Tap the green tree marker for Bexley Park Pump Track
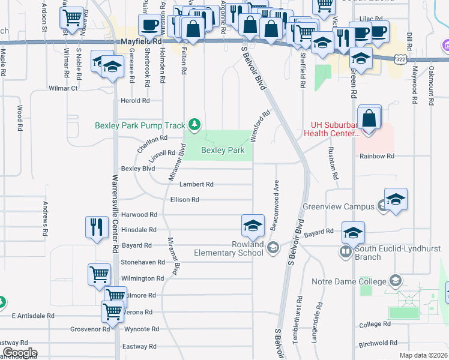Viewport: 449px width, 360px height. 194,125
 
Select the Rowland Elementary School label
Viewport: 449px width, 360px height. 229,248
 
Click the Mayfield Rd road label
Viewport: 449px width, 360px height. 142,43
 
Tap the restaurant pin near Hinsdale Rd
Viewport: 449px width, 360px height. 97,227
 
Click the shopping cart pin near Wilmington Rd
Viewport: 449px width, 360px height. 99,275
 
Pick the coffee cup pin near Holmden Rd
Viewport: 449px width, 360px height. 149,26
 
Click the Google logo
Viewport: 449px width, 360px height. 19,353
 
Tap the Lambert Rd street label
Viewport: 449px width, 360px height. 196,184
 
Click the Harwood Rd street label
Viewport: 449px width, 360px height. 139,214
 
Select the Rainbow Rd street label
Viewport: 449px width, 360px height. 377,156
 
